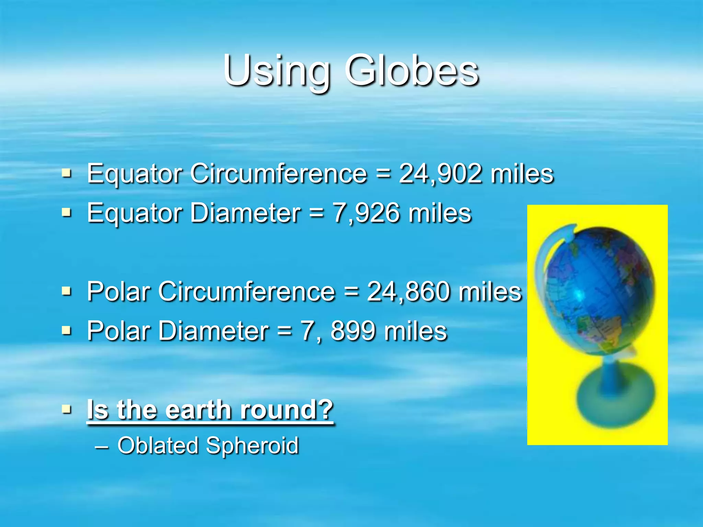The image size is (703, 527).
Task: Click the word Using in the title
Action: pyautogui.click(x=277, y=71)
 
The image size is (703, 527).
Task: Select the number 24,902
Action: pyautogui.click(x=440, y=174)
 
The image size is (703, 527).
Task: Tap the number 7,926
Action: pyautogui.click(x=367, y=213)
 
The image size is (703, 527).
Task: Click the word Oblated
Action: pyautogui.click(x=158, y=445)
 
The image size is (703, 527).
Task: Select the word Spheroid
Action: pyautogui.click(x=252, y=445)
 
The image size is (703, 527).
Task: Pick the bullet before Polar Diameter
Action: pyautogui.click(x=67, y=330)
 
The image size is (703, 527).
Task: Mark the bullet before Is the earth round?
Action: pyautogui.click(x=67, y=409)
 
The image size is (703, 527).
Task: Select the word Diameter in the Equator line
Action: pyautogui.click(x=245, y=213)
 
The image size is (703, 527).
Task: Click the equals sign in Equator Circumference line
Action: pyautogui.click(x=383, y=174)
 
